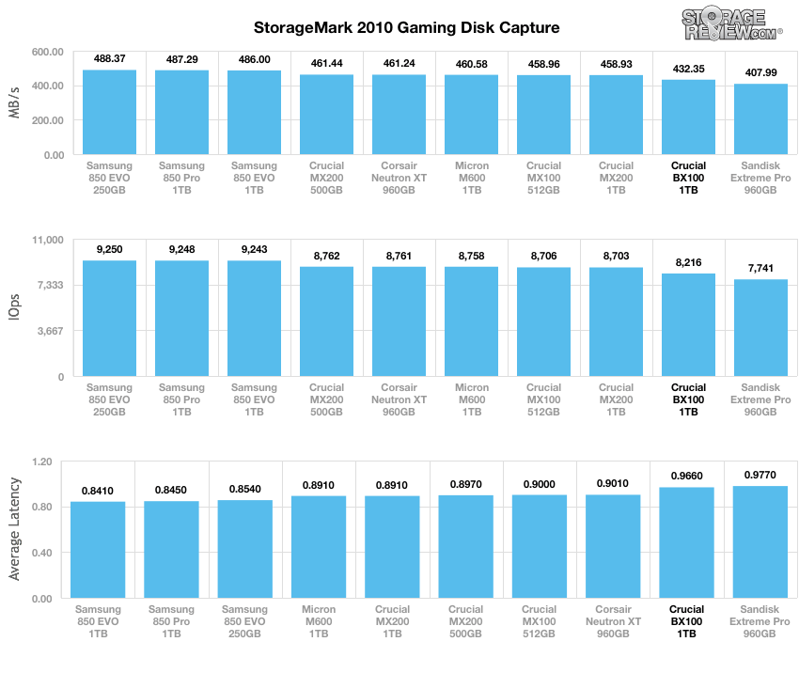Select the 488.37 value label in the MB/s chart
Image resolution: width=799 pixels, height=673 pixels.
pyautogui.click(x=109, y=57)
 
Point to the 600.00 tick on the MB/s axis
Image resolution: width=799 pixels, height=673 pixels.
pyautogui.click(x=47, y=52)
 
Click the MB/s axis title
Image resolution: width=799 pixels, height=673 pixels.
pyautogui.click(x=15, y=103)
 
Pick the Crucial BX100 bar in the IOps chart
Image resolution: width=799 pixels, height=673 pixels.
pyautogui.click(x=688, y=325)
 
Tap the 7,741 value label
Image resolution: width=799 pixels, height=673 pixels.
pyautogui.click(x=760, y=267)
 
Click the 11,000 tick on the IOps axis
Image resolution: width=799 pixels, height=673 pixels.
pyautogui.click(x=46, y=240)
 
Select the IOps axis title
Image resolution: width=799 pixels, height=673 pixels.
pyautogui.click(x=15, y=308)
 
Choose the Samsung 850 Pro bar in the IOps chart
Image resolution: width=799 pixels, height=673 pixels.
pyautogui.click(x=181, y=319)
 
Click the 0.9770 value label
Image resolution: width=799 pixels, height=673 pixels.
pyautogui.click(x=760, y=476)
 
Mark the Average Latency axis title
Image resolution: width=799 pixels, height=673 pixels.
pyautogui.click(x=15, y=530)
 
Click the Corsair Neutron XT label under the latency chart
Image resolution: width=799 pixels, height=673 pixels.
pyautogui.click(x=616, y=621)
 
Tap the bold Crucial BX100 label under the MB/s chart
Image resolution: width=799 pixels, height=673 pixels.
pyautogui.click(x=688, y=178)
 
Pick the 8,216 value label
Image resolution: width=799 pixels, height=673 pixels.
pyautogui.click(x=688, y=262)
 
